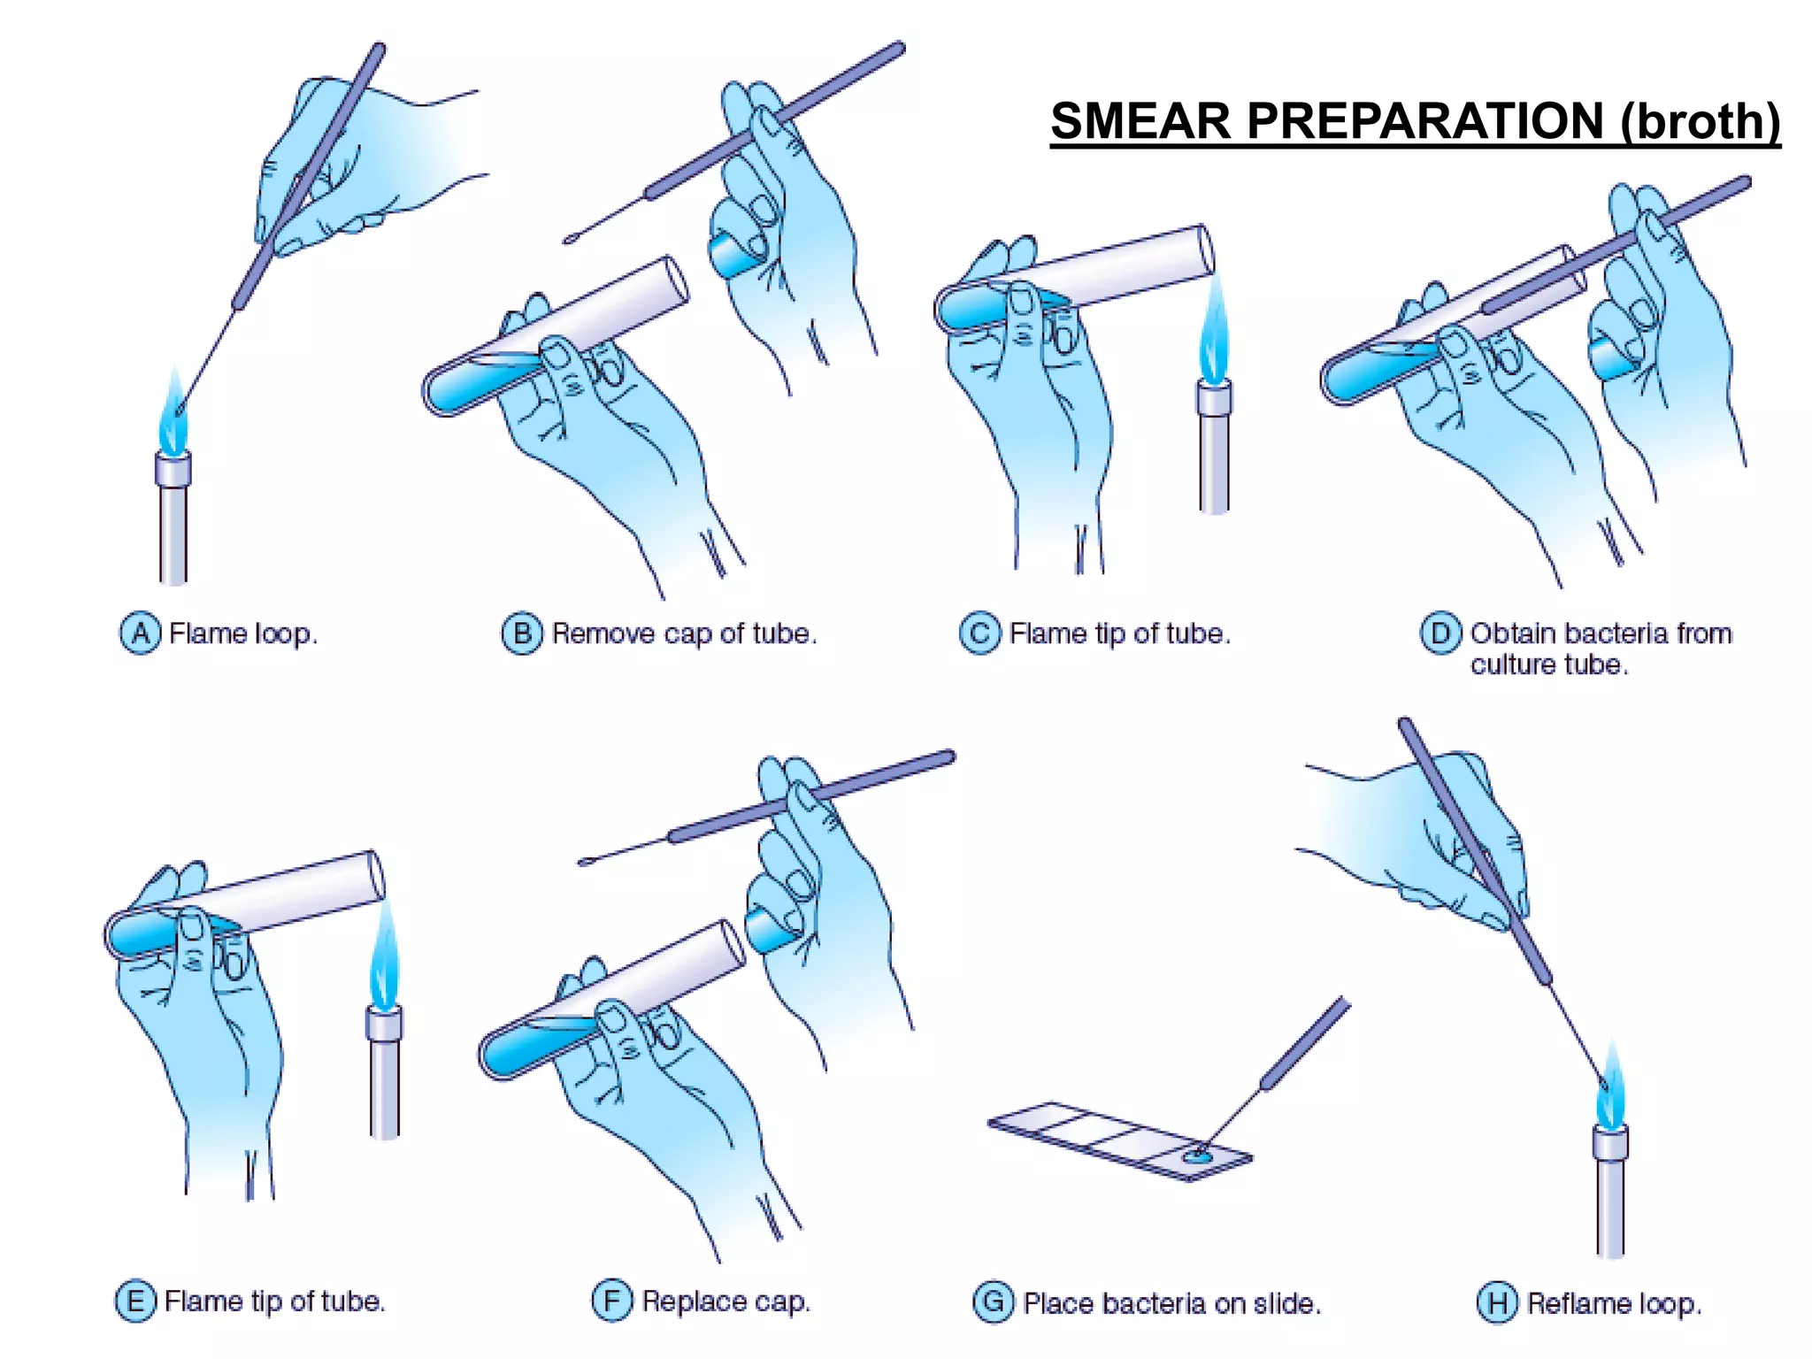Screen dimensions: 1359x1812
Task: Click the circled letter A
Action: tap(140, 633)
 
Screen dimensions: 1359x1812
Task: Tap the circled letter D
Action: tap(1440, 633)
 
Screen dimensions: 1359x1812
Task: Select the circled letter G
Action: tap(993, 1302)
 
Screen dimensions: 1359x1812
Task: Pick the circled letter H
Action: tap(1497, 1302)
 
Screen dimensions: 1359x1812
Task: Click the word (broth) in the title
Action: tap(1701, 121)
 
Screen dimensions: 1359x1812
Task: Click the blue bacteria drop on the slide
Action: tap(1196, 1155)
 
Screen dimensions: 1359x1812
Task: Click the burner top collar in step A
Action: tap(173, 469)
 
